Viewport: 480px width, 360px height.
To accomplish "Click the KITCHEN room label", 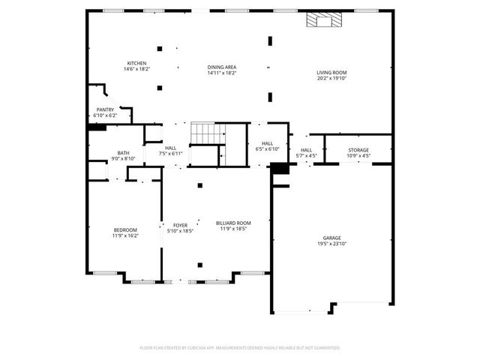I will (x=136, y=63).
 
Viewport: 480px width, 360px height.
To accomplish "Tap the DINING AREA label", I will (x=222, y=67).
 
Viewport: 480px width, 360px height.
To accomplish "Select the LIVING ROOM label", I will (x=331, y=72).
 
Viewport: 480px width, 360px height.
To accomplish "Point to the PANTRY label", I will (x=105, y=109).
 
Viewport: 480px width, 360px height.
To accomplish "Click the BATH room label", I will (x=123, y=152).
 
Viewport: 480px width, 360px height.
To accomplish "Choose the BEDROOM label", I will (x=125, y=229).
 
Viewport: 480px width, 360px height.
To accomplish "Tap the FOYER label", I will (x=180, y=225).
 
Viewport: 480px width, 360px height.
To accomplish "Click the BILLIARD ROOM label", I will (x=233, y=223).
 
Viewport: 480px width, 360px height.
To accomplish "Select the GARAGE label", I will (x=331, y=238).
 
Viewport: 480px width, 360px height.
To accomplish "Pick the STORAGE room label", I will (x=358, y=150).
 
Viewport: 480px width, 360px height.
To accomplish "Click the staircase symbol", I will (x=208, y=133).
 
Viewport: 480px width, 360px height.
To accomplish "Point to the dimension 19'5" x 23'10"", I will (x=331, y=244).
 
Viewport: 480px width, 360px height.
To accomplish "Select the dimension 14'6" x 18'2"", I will (x=136, y=68).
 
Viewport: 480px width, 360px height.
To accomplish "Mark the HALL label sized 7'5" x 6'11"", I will (x=170, y=148).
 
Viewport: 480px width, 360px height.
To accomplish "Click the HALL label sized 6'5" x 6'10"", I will (x=267, y=143).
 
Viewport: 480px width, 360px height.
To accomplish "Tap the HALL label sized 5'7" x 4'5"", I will (x=306, y=150).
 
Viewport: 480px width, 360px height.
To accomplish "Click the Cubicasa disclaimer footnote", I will (x=240, y=348).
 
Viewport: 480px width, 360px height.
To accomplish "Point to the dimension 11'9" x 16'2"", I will (x=125, y=235).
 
